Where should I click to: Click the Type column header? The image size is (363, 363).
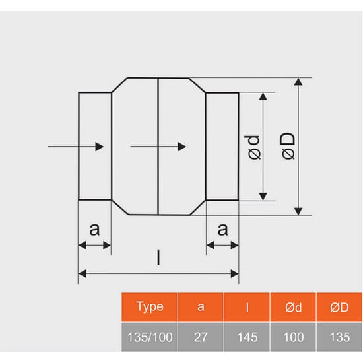coord(150,307)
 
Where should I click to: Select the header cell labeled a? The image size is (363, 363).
coord(201,307)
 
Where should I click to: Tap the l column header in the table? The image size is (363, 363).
coord(247,307)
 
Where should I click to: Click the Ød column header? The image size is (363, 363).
coord(293,307)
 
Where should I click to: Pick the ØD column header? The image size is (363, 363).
coord(339,307)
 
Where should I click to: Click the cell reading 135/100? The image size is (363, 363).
coord(150,337)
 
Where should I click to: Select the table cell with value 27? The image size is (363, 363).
coord(201,337)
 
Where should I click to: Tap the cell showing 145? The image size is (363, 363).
coord(247,337)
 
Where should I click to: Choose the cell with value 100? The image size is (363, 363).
coord(293,337)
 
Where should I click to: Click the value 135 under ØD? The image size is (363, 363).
coord(339,337)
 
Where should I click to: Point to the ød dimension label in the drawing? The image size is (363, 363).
coord(252,147)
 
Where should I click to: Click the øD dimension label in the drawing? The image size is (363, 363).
coord(288,146)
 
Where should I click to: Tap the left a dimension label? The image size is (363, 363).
coord(94,229)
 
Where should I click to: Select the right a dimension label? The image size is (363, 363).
coord(222,229)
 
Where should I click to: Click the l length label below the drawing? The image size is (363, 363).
coord(158,257)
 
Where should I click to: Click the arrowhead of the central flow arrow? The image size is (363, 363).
coord(181,147)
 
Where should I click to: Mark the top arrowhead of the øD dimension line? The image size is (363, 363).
coord(298,82)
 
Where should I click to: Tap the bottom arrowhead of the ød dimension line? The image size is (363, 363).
coord(263,196)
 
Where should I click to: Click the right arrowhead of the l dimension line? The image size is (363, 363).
coord(235,274)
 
